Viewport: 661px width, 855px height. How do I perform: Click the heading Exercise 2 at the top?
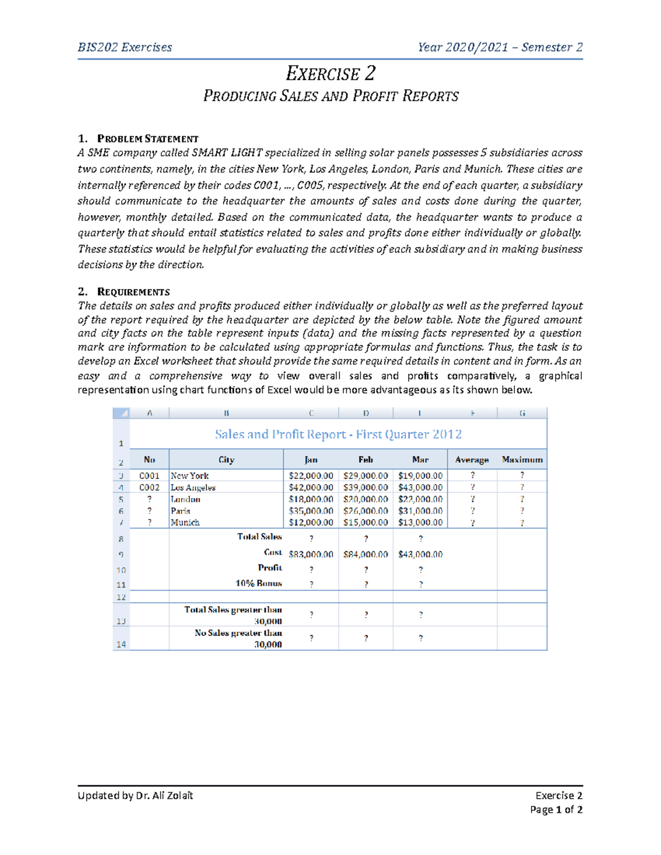[x=330, y=73]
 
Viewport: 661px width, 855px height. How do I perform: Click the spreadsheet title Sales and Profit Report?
[x=338, y=434]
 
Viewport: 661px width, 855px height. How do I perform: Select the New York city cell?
[x=189, y=476]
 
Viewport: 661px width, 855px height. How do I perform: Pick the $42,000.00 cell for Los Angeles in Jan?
[x=311, y=488]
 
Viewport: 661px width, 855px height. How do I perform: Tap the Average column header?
[x=472, y=460]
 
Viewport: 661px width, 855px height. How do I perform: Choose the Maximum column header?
[x=522, y=460]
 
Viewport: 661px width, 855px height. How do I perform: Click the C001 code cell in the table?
[x=149, y=476]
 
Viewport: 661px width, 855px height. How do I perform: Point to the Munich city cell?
[x=185, y=522]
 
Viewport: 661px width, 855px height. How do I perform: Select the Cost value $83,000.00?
[x=311, y=554]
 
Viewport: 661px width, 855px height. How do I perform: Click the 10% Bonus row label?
[x=258, y=583]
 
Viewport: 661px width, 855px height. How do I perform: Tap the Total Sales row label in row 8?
[x=259, y=536]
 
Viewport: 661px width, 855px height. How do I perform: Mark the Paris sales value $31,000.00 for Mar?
[x=420, y=511]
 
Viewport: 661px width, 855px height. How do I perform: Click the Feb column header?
[x=366, y=460]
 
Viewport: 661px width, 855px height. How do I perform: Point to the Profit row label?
[x=270, y=568]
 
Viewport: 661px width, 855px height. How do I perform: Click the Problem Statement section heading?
[x=147, y=139]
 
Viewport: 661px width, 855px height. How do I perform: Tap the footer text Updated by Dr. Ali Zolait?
[x=136, y=795]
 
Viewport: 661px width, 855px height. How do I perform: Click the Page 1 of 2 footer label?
[x=556, y=809]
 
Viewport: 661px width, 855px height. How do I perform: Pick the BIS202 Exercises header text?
[x=125, y=47]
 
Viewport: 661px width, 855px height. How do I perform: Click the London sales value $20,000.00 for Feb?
[x=365, y=499]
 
